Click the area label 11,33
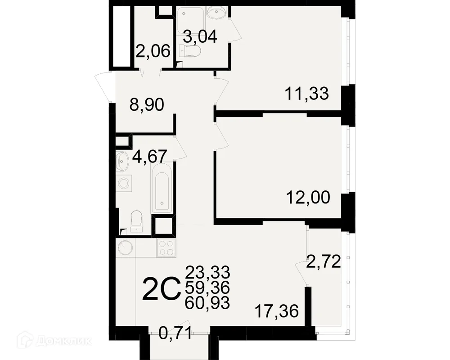(x=306, y=94)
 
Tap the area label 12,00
(x=308, y=198)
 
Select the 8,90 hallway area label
(x=147, y=105)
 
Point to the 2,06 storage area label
(x=153, y=51)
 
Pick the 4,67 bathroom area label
(x=150, y=157)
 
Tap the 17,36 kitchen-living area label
(x=277, y=311)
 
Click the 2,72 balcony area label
(x=324, y=262)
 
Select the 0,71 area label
(x=175, y=333)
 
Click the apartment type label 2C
(x=161, y=289)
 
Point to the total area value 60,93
(x=207, y=302)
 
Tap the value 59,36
(x=207, y=288)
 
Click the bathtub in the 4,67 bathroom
(x=162, y=188)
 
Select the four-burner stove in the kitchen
(x=166, y=247)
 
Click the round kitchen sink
(x=125, y=247)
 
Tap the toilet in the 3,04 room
(x=190, y=51)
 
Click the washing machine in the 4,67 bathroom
(x=124, y=183)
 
